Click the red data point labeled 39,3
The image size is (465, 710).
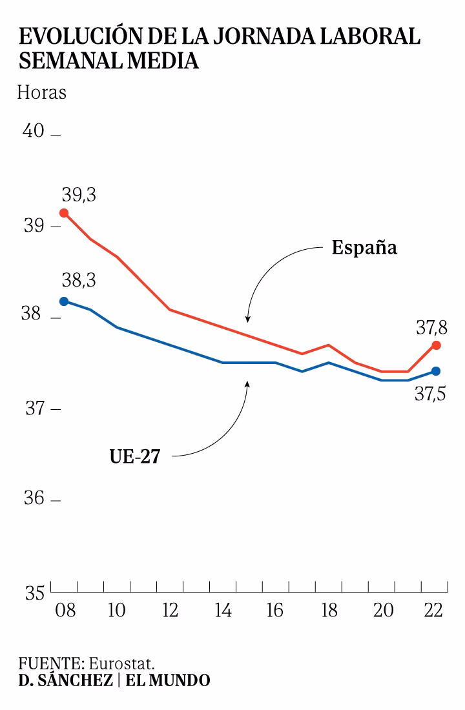64,213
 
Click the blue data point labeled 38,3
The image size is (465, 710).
64,301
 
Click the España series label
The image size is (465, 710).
364,248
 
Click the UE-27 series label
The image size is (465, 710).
134,457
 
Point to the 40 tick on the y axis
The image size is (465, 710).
34,131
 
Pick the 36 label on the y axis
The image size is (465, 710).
34,499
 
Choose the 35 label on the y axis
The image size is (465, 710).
34,591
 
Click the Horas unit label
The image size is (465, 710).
42,92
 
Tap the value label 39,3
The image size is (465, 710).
79,194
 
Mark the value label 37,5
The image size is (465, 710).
431,393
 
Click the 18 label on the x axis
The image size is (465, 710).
329,611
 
